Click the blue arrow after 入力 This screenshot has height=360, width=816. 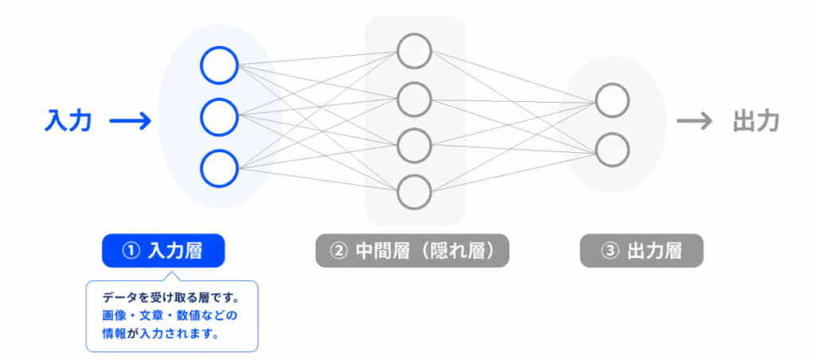tap(130, 122)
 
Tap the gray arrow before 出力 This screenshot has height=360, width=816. tap(694, 122)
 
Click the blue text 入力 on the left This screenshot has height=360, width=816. tap(69, 121)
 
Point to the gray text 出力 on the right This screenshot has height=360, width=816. tap(755, 121)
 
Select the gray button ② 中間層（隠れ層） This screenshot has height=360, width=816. tap(412, 251)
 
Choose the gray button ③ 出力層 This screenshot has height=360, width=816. tap(641, 251)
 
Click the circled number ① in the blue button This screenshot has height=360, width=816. tap(131, 251)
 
